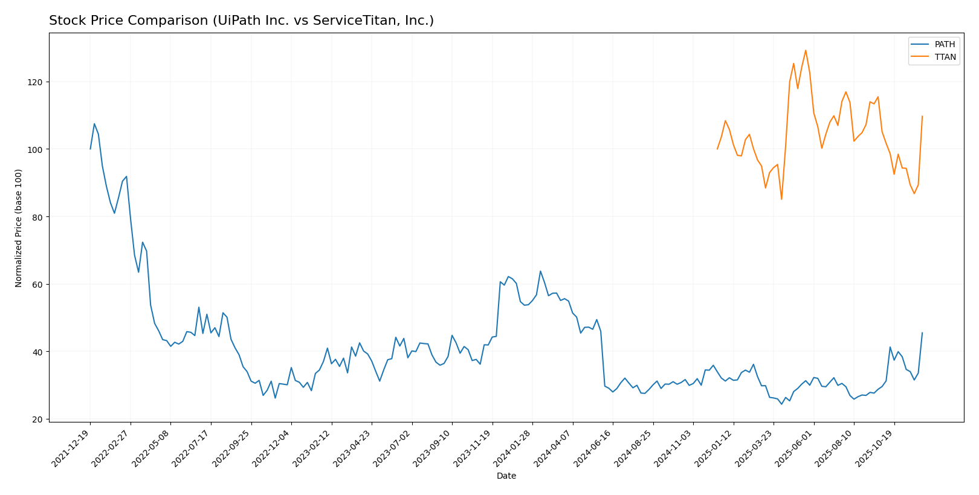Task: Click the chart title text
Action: tap(241, 21)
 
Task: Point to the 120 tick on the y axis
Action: tap(37, 82)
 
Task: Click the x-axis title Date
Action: tap(506, 476)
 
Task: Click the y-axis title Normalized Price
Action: tap(19, 228)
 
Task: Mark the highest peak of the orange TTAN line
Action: tap(806, 50)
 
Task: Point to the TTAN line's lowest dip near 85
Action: tap(781, 199)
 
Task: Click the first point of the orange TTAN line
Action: tap(717, 149)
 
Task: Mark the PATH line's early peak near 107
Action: tap(94, 124)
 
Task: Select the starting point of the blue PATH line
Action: tap(91, 149)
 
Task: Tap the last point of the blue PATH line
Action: tap(922, 332)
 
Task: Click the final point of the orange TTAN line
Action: tap(922, 116)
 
